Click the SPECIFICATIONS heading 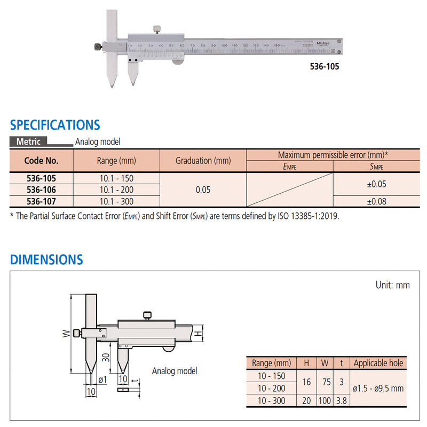pos(55,125)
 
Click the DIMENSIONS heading pos(46,260)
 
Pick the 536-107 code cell pos(41,201)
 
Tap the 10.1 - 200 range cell pos(116,190)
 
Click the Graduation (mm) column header pos(203,161)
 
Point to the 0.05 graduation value pos(203,189)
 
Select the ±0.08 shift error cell pos(377,201)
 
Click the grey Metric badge pos(28,142)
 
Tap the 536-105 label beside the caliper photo pos(323,67)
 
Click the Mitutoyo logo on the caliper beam pos(323,43)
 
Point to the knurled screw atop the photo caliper pos(156,29)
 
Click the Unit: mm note pos(392,285)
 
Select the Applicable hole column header pos(378,363)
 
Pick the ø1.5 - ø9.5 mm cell pos(378,389)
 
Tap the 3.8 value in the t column pos(342,401)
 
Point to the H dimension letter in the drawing pos(197,334)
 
